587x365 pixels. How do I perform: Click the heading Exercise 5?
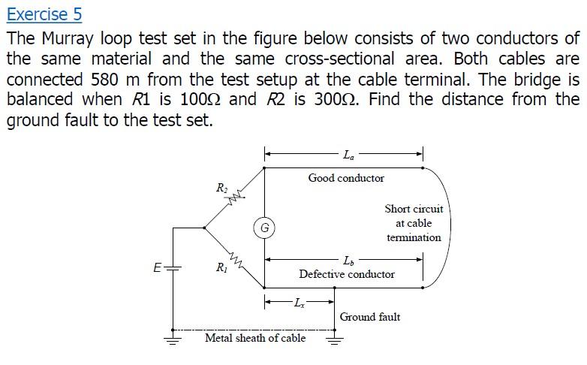click(x=44, y=14)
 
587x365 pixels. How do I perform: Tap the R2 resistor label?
click(x=221, y=188)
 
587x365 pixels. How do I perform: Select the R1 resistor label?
click(x=221, y=267)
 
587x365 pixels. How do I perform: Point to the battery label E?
click(x=157, y=267)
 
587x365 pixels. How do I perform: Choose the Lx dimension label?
click(x=300, y=303)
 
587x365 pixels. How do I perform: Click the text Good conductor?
click(x=346, y=178)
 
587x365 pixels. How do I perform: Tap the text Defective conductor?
click(x=347, y=274)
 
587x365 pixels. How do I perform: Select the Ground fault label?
click(x=370, y=317)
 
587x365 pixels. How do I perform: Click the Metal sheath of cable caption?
click(x=255, y=339)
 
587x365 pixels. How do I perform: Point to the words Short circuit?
click(x=414, y=209)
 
